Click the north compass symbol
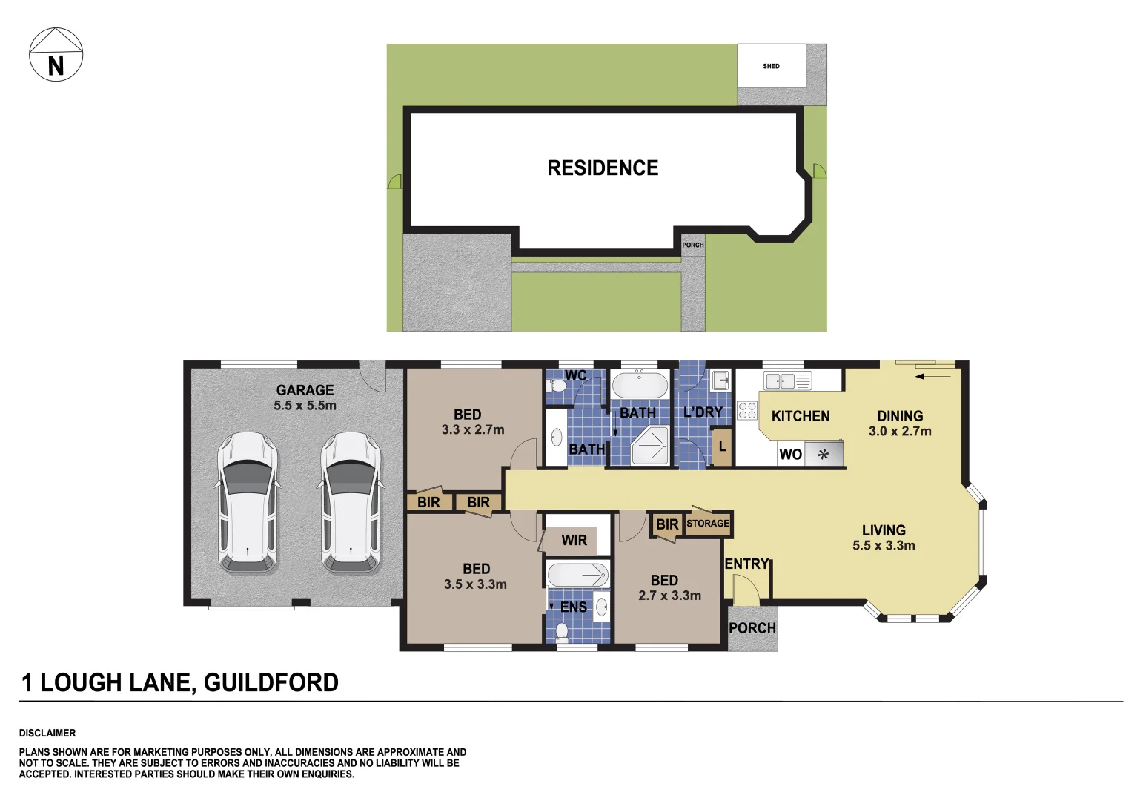[x=56, y=55]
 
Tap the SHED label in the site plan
[x=771, y=66]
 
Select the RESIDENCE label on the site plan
[x=603, y=168]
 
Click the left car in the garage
[x=248, y=502]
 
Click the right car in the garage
[x=351, y=502]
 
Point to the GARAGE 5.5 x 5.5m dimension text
[x=305, y=406]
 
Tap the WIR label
[x=574, y=541]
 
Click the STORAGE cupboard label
[x=708, y=524]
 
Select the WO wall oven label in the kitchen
[x=790, y=455]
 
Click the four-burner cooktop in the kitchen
[x=747, y=411]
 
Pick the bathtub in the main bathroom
[x=640, y=386]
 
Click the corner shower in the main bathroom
[x=650, y=446]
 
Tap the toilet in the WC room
[x=557, y=385]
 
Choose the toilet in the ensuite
[x=562, y=631]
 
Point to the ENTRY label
[x=746, y=564]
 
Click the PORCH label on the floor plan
[x=752, y=628]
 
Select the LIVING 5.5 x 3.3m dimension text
[x=884, y=546]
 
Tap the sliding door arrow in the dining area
[x=933, y=377]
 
